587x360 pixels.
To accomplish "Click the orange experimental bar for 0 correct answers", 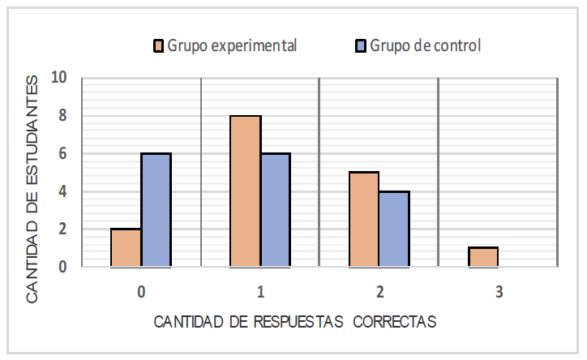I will click(126, 247).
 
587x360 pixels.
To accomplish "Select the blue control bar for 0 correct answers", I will click(156, 210).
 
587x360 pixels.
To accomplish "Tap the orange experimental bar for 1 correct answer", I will click(245, 191).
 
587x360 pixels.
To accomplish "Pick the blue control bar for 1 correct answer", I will click(275, 210).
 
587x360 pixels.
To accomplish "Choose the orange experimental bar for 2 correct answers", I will click(364, 219).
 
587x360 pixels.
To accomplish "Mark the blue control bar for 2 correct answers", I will click(394, 229).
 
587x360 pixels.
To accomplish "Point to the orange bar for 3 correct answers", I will click(483, 257).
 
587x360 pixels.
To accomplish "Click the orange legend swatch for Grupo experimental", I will click(159, 45).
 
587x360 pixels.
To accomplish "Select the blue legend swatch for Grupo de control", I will click(361, 45).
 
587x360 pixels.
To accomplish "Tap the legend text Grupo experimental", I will click(232, 45).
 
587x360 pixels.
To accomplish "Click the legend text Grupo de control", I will click(426, 45).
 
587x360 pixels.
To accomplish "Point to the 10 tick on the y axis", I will click(58, 79).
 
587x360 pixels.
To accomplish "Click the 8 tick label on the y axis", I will click(62, 116).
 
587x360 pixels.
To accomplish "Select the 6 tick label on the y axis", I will click(62, 154).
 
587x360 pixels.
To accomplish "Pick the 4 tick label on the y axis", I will click(62, 191).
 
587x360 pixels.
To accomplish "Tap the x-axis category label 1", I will click(260, 289).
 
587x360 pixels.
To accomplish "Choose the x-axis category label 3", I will click(498, 289).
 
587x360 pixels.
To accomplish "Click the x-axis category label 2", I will click(379, 289).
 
